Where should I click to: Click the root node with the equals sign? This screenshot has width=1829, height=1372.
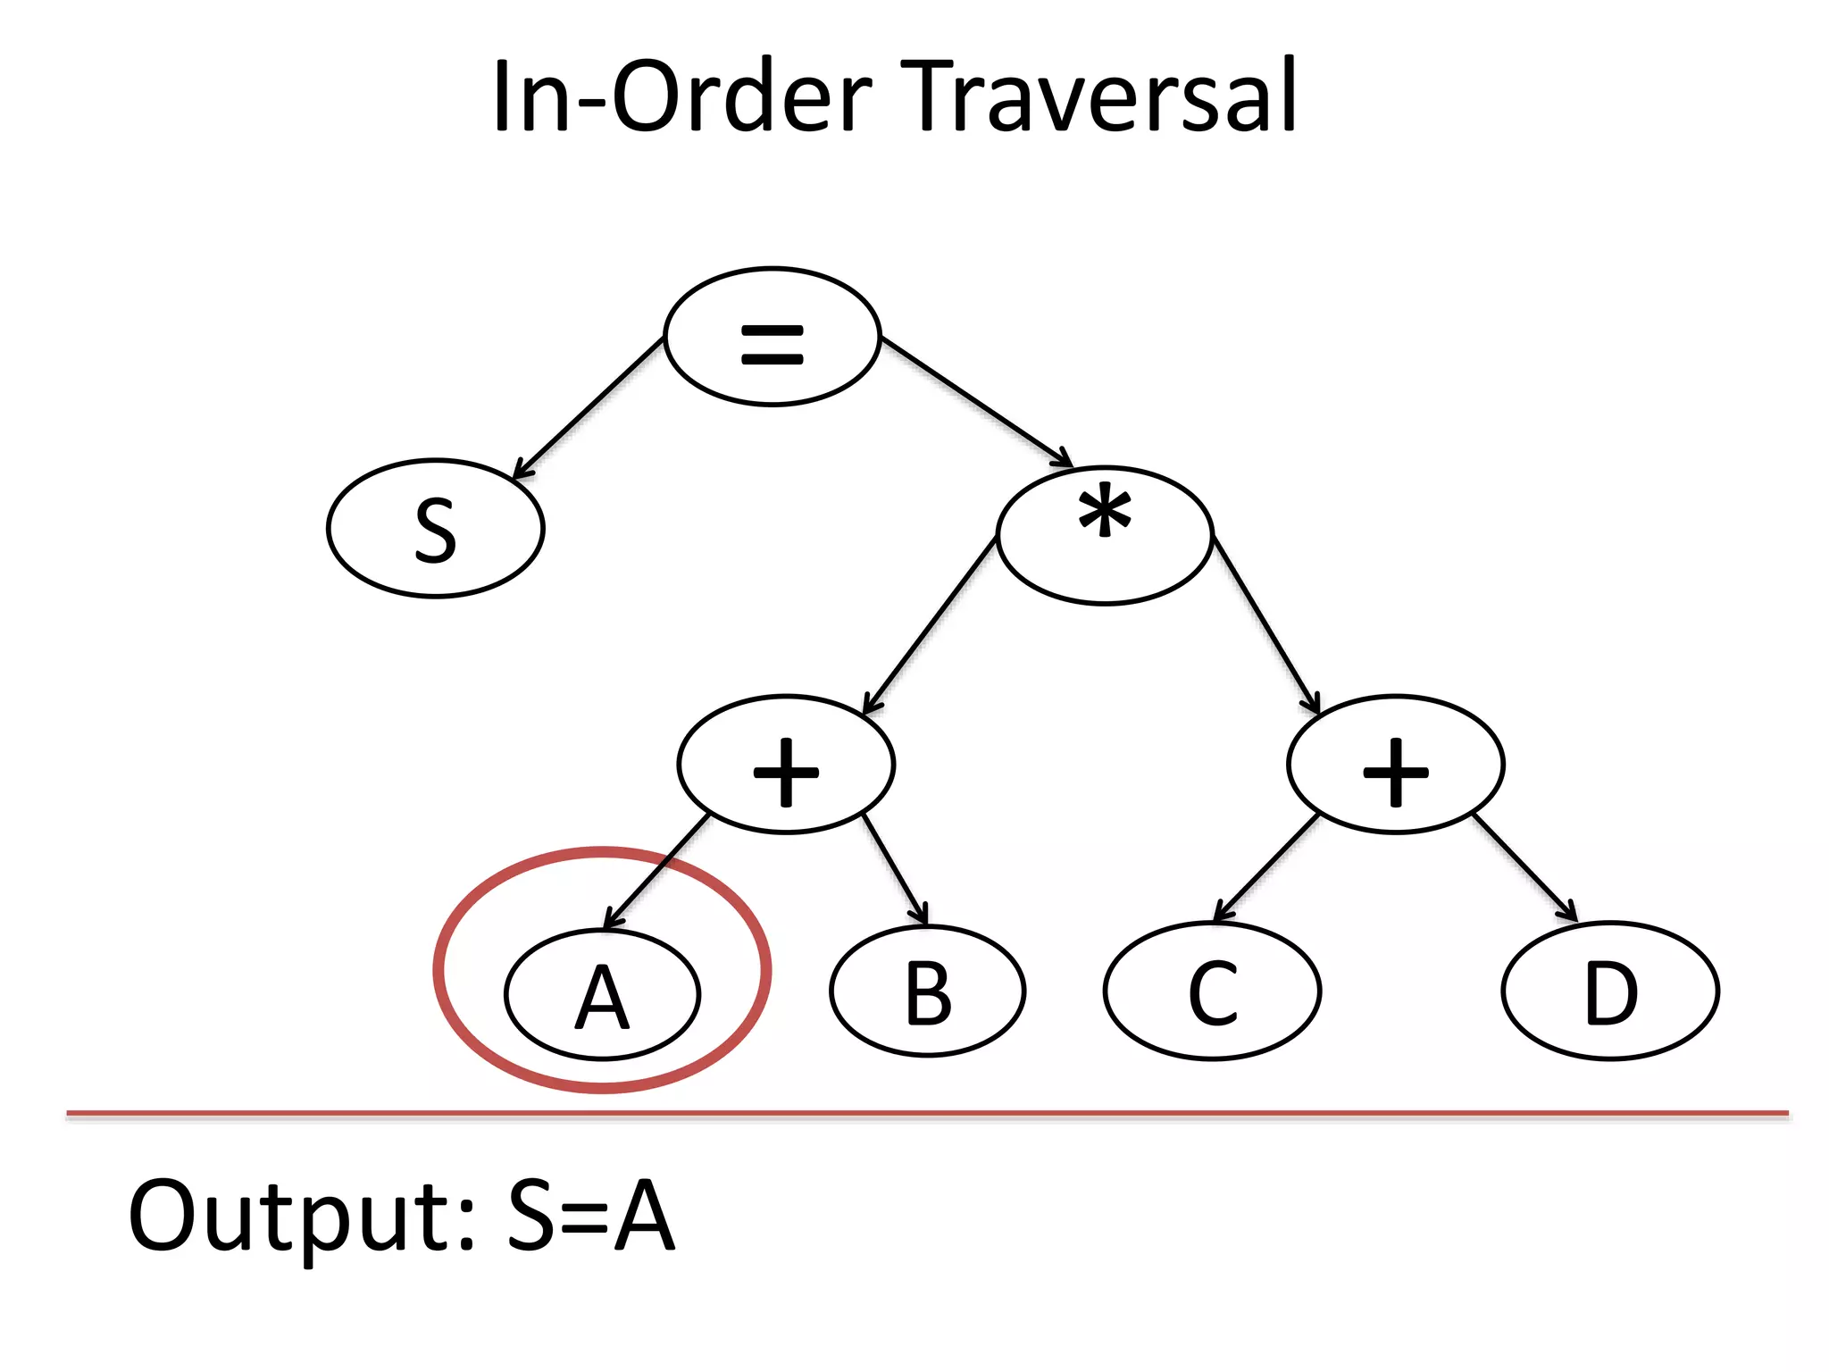point(773,337)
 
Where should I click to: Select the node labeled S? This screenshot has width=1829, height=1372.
point(436,529)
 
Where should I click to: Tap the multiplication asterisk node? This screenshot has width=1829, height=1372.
point(1105,536)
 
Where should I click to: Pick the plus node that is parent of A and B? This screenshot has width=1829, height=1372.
point(786,765)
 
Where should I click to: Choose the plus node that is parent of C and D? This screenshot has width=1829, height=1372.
point(1396,765)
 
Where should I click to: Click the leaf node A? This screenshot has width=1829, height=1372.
point(603,994)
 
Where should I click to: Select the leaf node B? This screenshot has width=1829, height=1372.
point(928,991)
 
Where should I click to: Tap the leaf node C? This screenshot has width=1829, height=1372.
point(1213,991)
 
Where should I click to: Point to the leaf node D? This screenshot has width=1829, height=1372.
point(1611,991)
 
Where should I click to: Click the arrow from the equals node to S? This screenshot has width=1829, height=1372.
point(589,407)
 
